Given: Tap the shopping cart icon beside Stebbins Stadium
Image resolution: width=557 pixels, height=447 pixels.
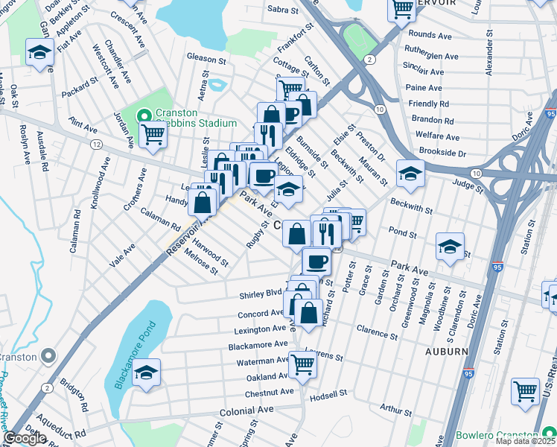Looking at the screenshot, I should pos(153,135).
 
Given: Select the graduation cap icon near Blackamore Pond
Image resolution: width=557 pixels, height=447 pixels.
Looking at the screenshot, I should pos(147,372).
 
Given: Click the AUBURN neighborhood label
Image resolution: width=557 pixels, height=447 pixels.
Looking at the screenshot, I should pos(447,351).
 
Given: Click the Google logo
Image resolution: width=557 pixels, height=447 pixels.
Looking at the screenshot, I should pos(25,438).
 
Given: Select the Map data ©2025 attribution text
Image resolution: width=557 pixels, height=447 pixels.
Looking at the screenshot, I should pos(525,441).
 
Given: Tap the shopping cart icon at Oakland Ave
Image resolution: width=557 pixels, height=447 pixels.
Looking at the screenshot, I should pos(302,364).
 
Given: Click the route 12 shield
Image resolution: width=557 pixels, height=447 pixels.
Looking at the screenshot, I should pos(98,143).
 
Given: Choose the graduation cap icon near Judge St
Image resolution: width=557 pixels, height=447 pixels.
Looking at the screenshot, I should pos(410,173).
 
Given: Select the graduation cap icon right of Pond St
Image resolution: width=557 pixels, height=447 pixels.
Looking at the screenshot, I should pos(450,246).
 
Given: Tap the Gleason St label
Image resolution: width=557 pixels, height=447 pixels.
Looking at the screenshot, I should pos(206,59).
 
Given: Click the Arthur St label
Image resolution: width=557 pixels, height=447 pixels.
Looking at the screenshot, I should pos(395,410).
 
